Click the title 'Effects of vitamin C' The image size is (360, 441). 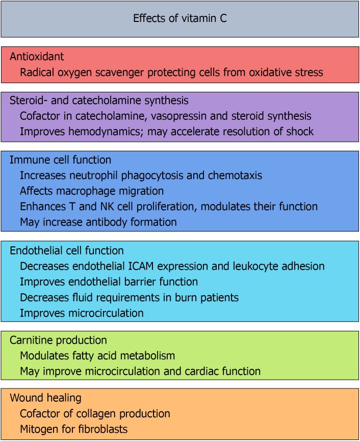180,19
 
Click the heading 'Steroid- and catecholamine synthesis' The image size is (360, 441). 99,100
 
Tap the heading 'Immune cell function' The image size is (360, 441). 60,160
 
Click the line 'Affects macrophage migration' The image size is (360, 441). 92,191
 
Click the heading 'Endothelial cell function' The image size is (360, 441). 66,250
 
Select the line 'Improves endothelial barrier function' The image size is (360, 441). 109,281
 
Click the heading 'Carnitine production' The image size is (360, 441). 58,340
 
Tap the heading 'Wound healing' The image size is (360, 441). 45,398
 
